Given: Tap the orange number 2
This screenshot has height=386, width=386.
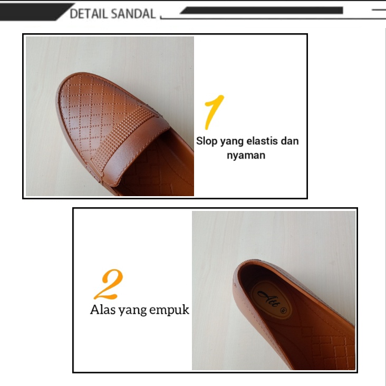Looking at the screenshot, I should pyautogui.click(x=109, y=285).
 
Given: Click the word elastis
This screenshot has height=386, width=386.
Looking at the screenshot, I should pyautogui.click(x=263, y=141).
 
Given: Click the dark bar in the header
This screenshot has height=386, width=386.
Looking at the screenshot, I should pyautogui.click(x=264, y=10).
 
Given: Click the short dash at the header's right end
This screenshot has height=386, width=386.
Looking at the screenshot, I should pyautogui.click(x=379, y=10).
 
